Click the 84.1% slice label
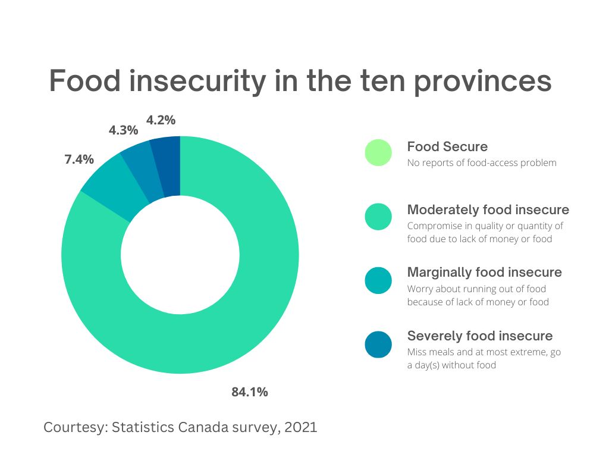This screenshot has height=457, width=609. [250, 392]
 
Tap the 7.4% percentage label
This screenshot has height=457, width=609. [79, 159]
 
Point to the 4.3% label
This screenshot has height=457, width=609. [123, 130]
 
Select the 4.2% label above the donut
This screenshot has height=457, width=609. [161, 120]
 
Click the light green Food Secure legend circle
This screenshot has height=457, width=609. [378, 152]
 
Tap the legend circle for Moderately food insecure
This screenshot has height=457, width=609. [378, 217]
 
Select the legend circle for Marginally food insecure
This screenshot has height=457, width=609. [378, 280]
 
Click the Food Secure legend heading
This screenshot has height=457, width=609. [447, 147]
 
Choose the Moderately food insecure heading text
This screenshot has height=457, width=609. [488, 210]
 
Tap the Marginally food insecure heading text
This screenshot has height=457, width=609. [484, 273]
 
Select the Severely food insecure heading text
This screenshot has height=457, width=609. [479, 336]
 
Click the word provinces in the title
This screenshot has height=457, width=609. [482, 81]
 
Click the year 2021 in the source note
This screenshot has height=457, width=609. [298, 427]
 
